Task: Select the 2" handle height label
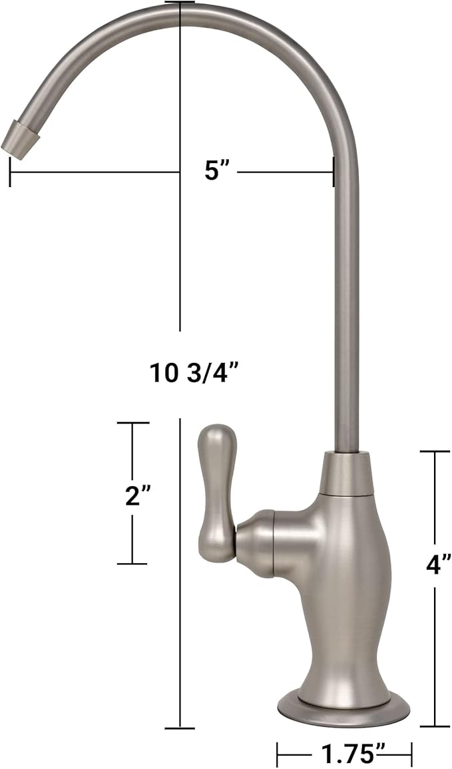(138, 495)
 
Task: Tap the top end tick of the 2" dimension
(132, 423)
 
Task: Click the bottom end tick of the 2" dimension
(132, 564)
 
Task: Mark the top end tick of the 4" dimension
(435, 451)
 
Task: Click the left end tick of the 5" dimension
(10, 172)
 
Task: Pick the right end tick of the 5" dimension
(333, 172)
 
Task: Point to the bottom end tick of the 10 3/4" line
(180, 728)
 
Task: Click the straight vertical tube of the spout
(345, 300)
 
